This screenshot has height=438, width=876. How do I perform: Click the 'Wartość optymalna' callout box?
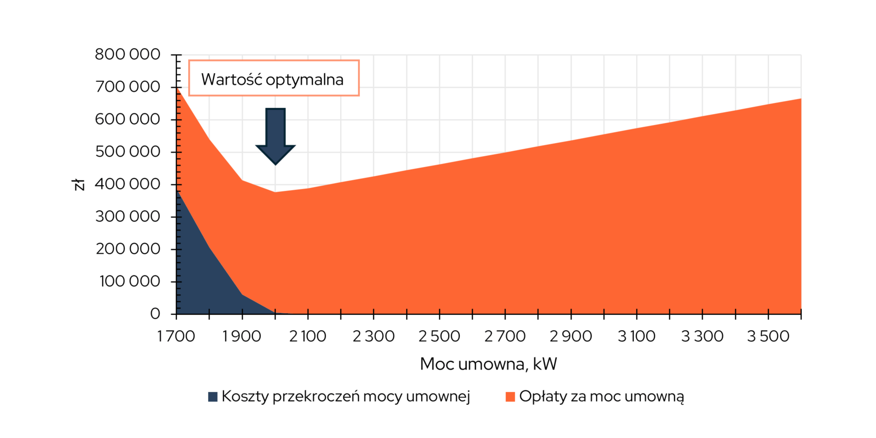pos(273,78)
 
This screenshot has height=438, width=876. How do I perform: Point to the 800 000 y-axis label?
pos(127,54)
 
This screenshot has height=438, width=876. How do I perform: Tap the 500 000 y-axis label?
pos(128,152)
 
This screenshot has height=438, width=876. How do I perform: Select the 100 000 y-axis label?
pos(130,281)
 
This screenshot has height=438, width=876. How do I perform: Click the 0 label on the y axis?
pos(155,313)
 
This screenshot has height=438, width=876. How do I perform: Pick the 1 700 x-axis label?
pos(176,336)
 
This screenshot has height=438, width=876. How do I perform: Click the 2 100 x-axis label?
pos(308,336)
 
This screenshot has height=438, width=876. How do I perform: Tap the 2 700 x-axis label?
pos(505,336)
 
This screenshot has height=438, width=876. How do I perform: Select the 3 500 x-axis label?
pos(768,336)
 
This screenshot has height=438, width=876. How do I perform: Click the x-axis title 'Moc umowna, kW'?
pos(488,364)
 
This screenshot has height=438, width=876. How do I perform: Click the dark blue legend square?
pos(212,397)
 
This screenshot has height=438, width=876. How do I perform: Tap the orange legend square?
pos(510,397)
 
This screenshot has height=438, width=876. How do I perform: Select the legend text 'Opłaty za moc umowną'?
pos(602,397)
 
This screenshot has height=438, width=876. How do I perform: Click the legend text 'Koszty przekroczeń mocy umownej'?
pos(346,397)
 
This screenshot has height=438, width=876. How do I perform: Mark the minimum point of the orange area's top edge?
pos(275,192)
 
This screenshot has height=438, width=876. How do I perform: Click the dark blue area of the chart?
pos(202,274)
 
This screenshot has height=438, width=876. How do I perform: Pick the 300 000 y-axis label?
pos(128,217)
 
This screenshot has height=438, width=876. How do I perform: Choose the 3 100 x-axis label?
pos(636,336)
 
